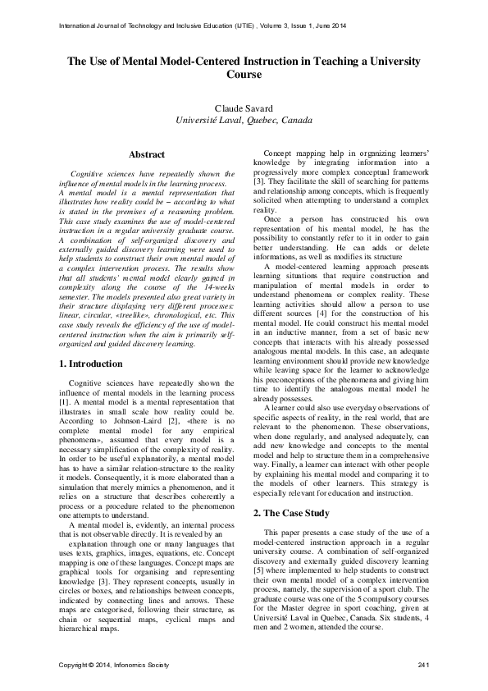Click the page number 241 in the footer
pyautogui.click(x=423, y=663)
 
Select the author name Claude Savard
pyautogui.click(x=244, y=108)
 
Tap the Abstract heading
pyautogui.click(x=147, y=154)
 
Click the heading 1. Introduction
pyautogui.click(x=93, y=362)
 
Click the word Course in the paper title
pyautogui.click(x=244, y=74)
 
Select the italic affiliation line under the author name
pyautogui.click(x=244, y=120)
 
